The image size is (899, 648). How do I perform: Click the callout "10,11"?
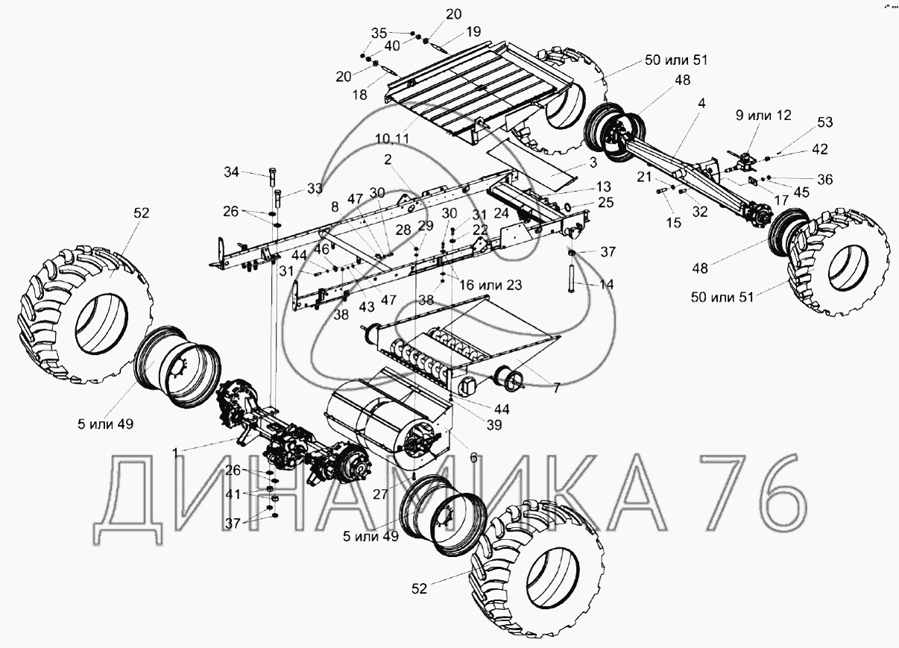pyautogui.click(x=394, y=139)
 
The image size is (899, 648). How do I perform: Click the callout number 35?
pyautogui.click(x=379, y=33)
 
